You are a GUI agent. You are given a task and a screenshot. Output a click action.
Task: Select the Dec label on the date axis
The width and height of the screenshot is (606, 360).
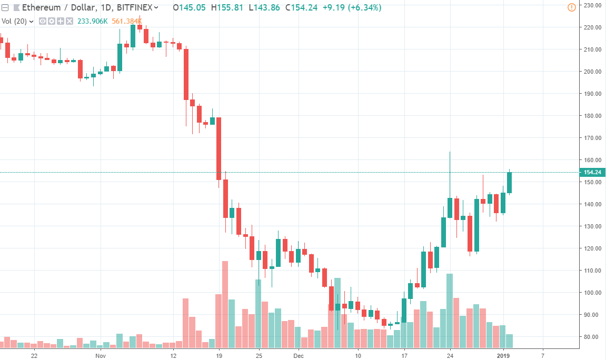[298, 356]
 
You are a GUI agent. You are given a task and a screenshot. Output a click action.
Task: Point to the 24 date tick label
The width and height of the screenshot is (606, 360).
[450, 356]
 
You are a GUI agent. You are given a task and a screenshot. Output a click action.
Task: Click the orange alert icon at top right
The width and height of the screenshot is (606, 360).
[571, 7]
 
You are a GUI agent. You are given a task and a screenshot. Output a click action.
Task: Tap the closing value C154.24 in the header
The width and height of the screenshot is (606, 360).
[301, 7]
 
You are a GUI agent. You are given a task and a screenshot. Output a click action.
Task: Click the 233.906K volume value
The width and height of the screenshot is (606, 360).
[92, 21]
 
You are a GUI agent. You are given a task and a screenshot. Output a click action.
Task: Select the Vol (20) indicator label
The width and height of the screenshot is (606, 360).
[15, 21]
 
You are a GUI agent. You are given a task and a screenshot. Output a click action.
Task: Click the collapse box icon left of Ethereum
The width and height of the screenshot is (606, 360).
[5, 7]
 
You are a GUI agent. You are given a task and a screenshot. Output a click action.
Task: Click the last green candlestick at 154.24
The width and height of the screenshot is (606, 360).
[509, 183]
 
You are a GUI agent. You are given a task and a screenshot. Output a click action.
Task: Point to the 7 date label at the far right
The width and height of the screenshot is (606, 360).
[542, 356]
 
